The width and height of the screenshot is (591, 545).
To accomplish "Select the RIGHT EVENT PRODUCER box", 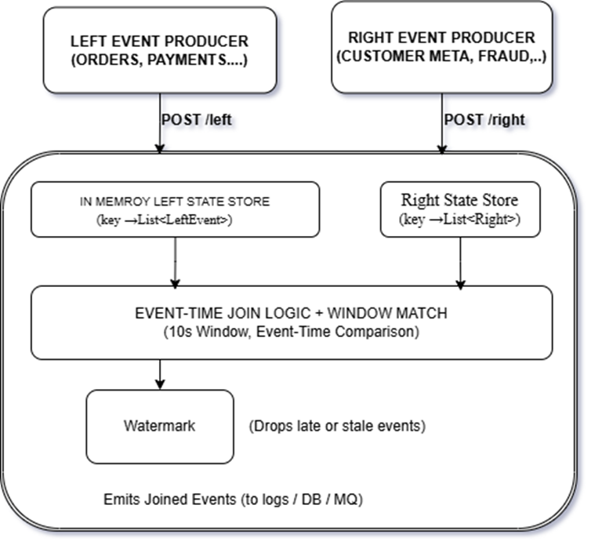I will coord(441,47).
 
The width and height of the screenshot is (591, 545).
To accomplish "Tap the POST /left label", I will coord(197,120).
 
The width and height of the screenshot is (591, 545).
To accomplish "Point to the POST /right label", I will coord(484,120).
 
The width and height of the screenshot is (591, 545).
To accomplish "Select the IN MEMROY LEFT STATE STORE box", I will coord(175,209).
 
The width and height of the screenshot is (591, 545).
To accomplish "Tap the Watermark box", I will coord(159,427).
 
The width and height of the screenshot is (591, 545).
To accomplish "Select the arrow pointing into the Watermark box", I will coord(159,373).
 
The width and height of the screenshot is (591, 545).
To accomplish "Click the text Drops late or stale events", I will coord(336,427).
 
